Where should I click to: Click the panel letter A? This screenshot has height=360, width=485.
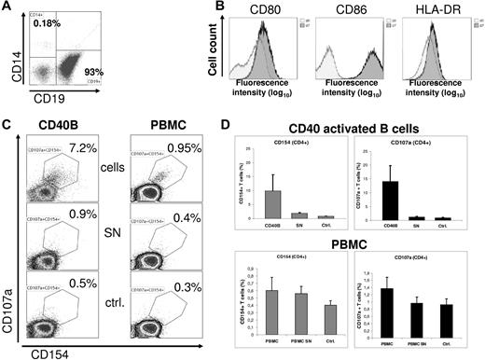(x=7, y=7)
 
